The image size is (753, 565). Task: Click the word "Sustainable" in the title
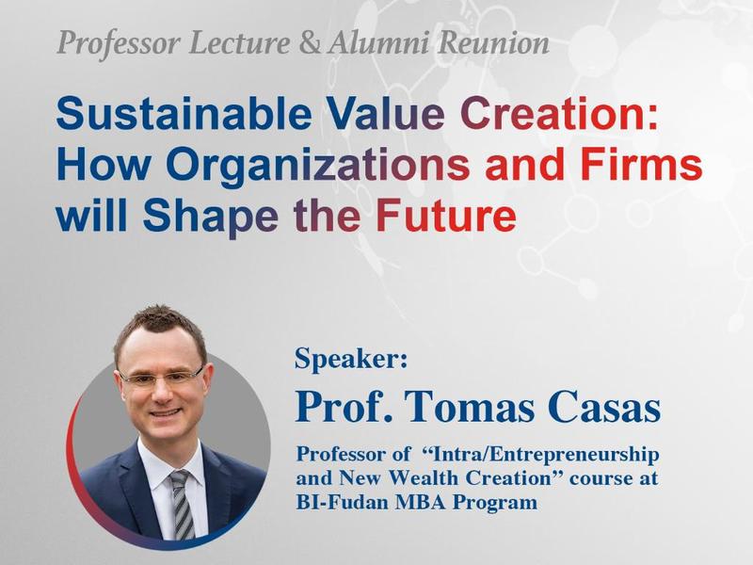(184, 113)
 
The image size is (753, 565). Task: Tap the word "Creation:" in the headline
(559, 113)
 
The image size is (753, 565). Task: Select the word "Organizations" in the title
(318, 166)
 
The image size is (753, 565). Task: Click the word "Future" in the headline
(446, 216)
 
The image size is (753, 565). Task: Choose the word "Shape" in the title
(210, 218)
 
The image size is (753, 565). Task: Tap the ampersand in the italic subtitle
(310, 42)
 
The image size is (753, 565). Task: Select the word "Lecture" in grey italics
(240, 42)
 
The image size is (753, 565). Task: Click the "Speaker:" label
(351, 359)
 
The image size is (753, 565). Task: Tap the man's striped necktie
(182, 504)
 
